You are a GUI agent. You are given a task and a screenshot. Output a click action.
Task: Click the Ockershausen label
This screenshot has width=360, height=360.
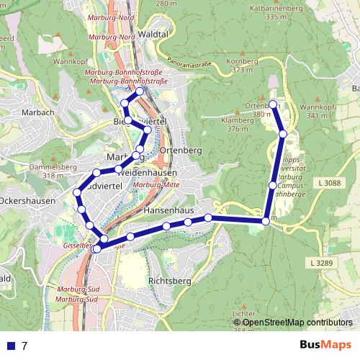click(x=27, y=201)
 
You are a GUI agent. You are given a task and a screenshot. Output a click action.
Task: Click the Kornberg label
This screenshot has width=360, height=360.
click(x=242, y=61)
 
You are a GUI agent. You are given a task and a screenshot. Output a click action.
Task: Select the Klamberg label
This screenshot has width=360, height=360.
click(x=238, y=120)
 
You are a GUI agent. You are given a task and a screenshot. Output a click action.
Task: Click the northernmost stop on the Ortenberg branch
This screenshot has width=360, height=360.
click(x=272, y=104)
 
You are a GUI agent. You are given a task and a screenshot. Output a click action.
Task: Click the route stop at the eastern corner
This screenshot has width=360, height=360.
click(x=266, y=221)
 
